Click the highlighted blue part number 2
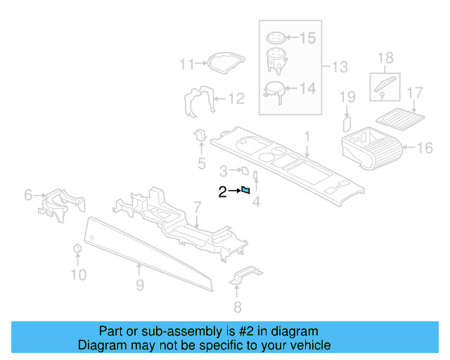[x=246, y=189]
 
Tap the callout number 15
[x=309, y=37]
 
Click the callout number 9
[x=140, y=285]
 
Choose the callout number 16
[x=425, y=148]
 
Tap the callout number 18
[x=385, y=57]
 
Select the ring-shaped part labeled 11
[x=219, y=62]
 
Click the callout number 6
[x=28, y=194]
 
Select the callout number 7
[x=198, y=207]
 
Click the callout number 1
[x=307, y=135]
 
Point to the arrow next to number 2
[x=235, y=190]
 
